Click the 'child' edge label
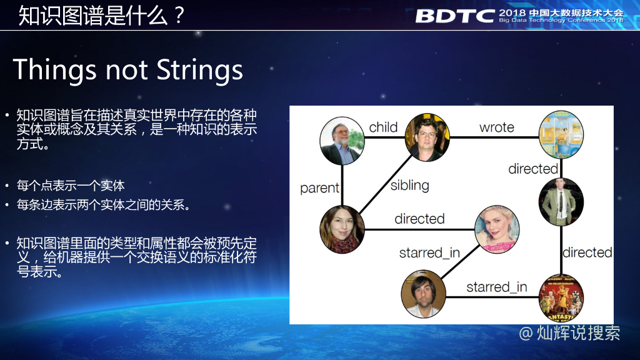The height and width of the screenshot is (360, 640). click(383, 127)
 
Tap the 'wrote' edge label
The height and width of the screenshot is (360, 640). click(496, 127)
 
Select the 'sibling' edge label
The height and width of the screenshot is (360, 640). click(409, 185)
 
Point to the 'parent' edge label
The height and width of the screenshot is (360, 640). click(319, 188)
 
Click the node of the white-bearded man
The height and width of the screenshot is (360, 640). click(342, 141)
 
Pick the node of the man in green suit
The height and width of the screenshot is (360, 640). click(561, 201)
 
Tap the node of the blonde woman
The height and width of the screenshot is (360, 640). click(497, 229)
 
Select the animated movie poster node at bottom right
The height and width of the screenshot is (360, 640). click(561, 297)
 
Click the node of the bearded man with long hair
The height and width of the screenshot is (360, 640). click(423, 293)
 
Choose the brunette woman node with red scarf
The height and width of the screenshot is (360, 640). click(342, 229)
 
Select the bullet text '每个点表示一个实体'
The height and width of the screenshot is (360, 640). click(71, 186)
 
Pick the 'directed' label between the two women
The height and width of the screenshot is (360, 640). click(419, 219)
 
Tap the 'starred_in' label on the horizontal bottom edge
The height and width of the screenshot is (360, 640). click(496, 287)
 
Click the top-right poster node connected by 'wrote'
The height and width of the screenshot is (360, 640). click(561, 134)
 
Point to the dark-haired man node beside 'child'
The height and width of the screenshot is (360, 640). click(427, 137)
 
